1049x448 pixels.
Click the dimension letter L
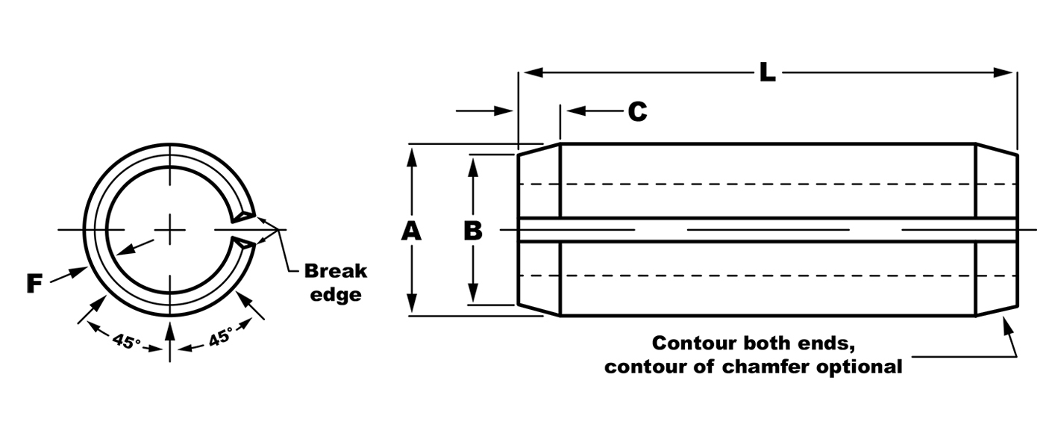(x=767, y=72)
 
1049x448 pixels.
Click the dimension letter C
(x=637, y=111)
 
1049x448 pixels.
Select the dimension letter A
(x=411, y=231)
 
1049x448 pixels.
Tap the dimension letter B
(x=473, y=231)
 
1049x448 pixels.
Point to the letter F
(x=34, y=284)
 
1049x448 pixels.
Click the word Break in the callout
(x=335, y=271)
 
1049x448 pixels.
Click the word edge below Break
(x=336, y=295)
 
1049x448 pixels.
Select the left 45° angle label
(x=126, y=341)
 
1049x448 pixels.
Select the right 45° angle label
(x=220, y=337)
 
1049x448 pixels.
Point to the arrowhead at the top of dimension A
(x=412, y=157)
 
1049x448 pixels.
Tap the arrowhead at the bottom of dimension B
(x=473, y=293)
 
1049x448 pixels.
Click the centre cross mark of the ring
(x=170, y=230)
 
